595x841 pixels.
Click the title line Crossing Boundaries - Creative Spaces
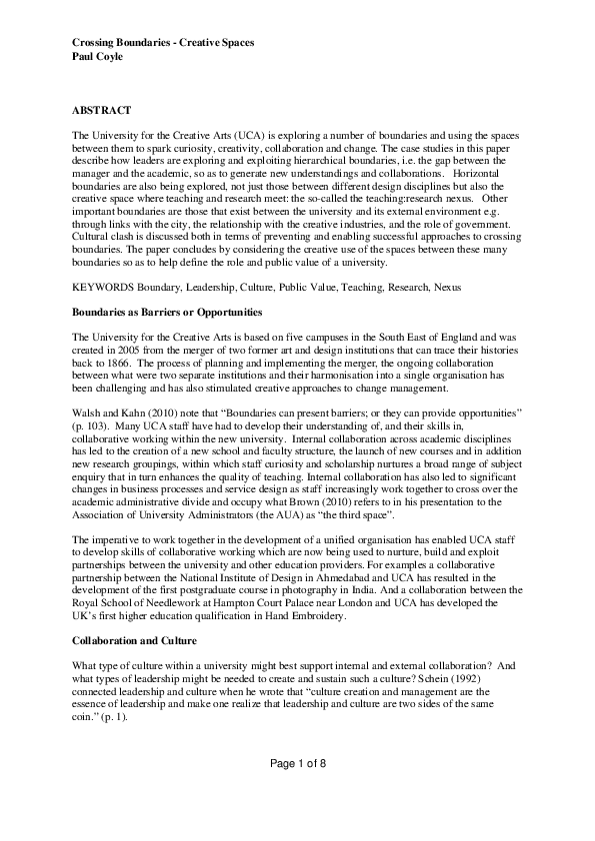pyautogui.click(x=163, y=43)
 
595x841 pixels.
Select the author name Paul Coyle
pyautogui.click(x=98, y=57)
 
